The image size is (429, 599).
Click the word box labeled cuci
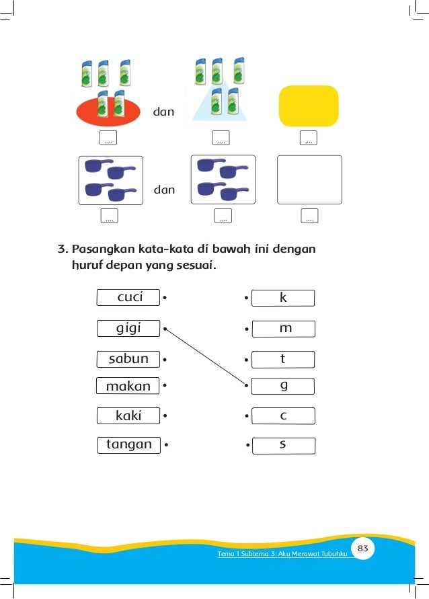(128, 297)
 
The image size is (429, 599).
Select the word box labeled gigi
(128, 328)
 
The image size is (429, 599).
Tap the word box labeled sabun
(128, 359)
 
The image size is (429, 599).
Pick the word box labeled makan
(128, 385)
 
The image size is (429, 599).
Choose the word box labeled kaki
(128, 415)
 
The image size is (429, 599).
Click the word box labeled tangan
(129, 445)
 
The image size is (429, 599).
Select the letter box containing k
(283, 298)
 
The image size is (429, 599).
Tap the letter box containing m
(284, 329)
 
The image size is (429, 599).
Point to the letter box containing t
(283, 360)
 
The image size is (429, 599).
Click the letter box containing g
(282, 386)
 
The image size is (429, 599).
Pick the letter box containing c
(284, 416)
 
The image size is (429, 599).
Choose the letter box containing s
(284, 446)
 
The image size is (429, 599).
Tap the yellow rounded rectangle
(309, 106)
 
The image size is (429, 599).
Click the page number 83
(362, 548)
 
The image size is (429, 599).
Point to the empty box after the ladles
(309, 179)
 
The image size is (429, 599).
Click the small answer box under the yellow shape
(309, 138)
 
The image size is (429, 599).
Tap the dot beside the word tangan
(167, 444)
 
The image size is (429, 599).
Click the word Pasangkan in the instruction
(103, 249)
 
